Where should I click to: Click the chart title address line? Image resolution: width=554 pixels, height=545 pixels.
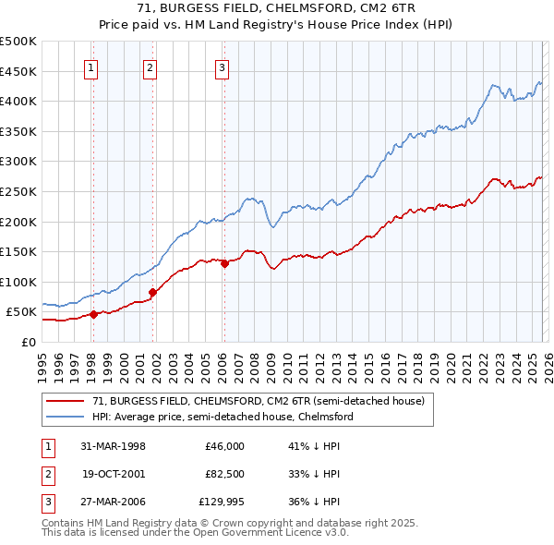tap(276, 8)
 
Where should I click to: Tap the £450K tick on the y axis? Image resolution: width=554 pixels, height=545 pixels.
tap(18, 71)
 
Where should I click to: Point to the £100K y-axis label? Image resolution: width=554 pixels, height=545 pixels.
tap(18, 282)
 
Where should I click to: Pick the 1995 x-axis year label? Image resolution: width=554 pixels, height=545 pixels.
tap(43, 361)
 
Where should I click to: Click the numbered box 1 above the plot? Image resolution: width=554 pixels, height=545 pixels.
tap(92, 67)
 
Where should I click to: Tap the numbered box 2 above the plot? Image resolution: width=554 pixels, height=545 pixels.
tap(151, 67)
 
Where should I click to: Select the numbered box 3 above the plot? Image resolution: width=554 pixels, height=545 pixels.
tap(223, 67)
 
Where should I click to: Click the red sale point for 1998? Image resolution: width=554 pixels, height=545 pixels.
tap(94, 314)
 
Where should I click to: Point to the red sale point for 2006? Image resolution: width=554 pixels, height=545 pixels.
tap(224, 263)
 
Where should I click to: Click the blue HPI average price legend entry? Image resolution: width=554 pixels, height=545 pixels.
tap(223, 417)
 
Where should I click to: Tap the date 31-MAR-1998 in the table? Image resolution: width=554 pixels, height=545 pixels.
tap(114, 445)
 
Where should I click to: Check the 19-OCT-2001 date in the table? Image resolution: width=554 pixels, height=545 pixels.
tap(114, 474)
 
